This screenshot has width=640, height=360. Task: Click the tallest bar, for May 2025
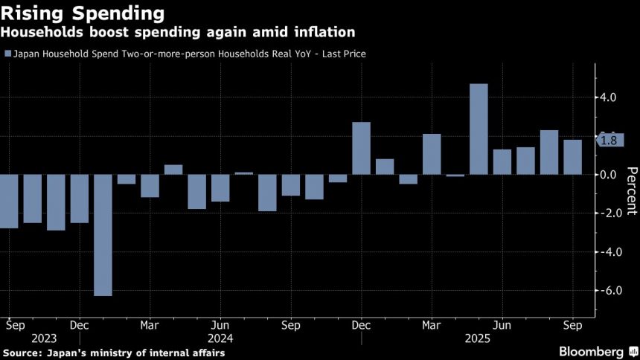(x=479, y=129)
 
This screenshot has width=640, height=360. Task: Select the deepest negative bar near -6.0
(x=103, y=235)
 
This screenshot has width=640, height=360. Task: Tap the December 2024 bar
(x=361, y=149)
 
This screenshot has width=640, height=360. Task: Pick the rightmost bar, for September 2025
(x=572, y=157)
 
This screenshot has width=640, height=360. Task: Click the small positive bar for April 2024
(x=173, y=170)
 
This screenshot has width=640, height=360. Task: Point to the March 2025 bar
(x=432, y=155)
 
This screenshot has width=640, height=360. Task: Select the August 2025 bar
(x=549, y=152)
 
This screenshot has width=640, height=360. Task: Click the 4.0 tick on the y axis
(x=608, y=97)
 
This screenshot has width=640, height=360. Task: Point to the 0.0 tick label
(x=608, y=175)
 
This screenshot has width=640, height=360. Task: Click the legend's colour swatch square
(x=7, y=54)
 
